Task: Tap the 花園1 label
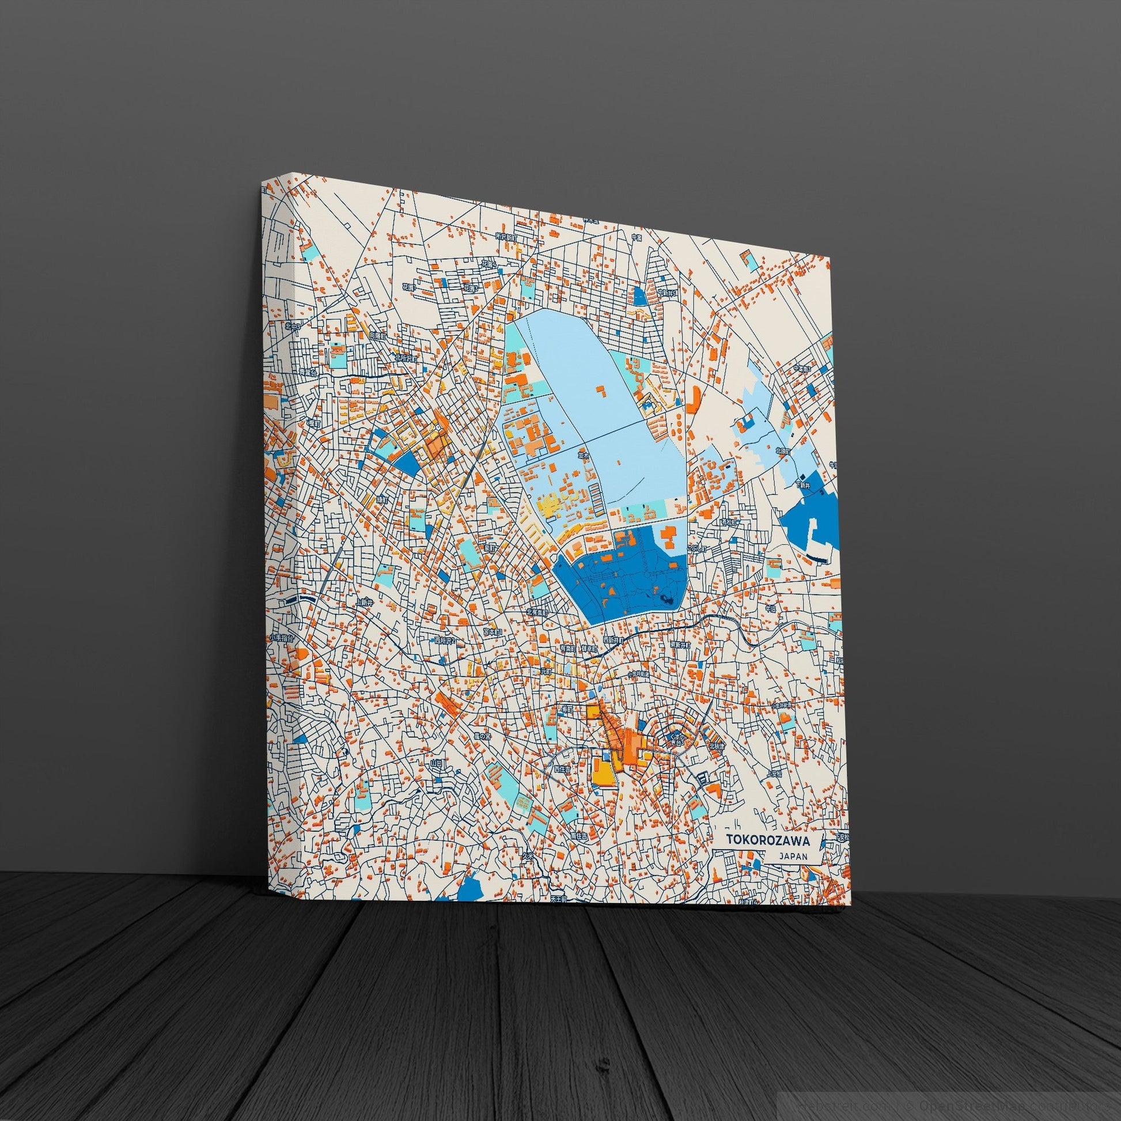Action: pyautogui.click(x=410, y=287)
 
